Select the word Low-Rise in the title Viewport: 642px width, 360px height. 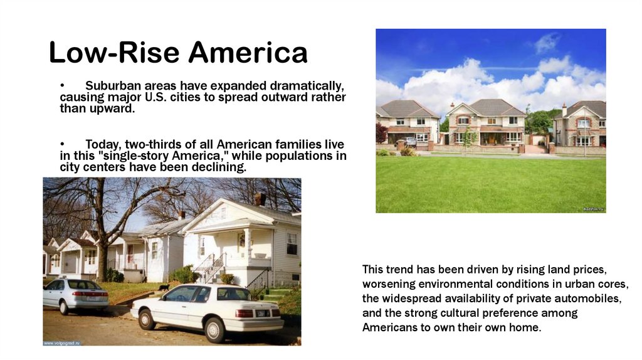tap(114, 53)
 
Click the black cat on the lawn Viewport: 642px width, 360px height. tap(164, 287)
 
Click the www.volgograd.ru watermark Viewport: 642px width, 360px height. tap(62, 343)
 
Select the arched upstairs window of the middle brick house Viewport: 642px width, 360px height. tap(463, 120)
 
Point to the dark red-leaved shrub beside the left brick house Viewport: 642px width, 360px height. tap(381, 132)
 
